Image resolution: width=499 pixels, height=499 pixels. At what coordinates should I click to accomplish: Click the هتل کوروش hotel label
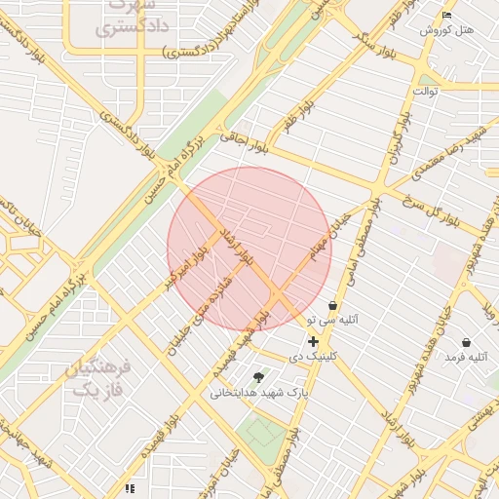coord(446,30)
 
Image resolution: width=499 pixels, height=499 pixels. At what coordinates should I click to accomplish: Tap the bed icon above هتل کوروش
coord(446,15)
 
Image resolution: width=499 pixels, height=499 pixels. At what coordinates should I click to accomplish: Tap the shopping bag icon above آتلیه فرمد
coord(466,343)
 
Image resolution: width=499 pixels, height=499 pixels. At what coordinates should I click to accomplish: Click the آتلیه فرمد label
coord(465,358)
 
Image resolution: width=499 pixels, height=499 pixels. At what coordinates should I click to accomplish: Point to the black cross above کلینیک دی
coord(312,341)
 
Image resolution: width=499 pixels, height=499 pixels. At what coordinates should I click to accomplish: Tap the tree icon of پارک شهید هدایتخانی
coord(258,377)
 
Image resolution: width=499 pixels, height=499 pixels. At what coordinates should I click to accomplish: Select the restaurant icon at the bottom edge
coord(129,488)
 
